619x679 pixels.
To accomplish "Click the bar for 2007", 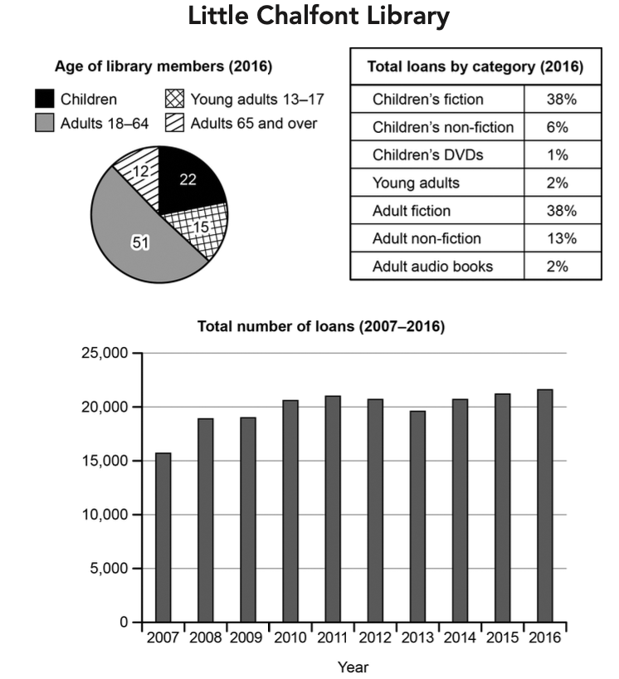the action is coord(163,537).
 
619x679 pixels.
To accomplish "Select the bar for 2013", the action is coord(417,516).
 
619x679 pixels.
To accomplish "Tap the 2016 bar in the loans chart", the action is coord(545,506).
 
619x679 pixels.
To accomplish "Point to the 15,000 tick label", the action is coord(105,461).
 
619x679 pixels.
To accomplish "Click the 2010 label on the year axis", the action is coord(290,637).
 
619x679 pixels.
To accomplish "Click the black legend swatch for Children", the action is coord(45,99).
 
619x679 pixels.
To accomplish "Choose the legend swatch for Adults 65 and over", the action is coord(174,123).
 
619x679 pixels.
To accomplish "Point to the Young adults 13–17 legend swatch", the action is coord(174,99).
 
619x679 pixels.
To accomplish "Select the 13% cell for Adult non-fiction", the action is coord(562,238).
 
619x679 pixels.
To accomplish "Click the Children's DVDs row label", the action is coord(427,155).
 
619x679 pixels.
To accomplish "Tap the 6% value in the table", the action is coord(558,127).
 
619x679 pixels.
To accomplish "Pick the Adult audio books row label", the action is coord(433,266).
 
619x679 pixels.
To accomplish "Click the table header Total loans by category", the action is coord(475,66).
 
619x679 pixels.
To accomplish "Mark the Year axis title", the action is coord(353,667).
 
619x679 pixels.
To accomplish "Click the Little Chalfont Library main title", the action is coord(319,16).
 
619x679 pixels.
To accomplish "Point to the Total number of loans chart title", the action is coord(321,326).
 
